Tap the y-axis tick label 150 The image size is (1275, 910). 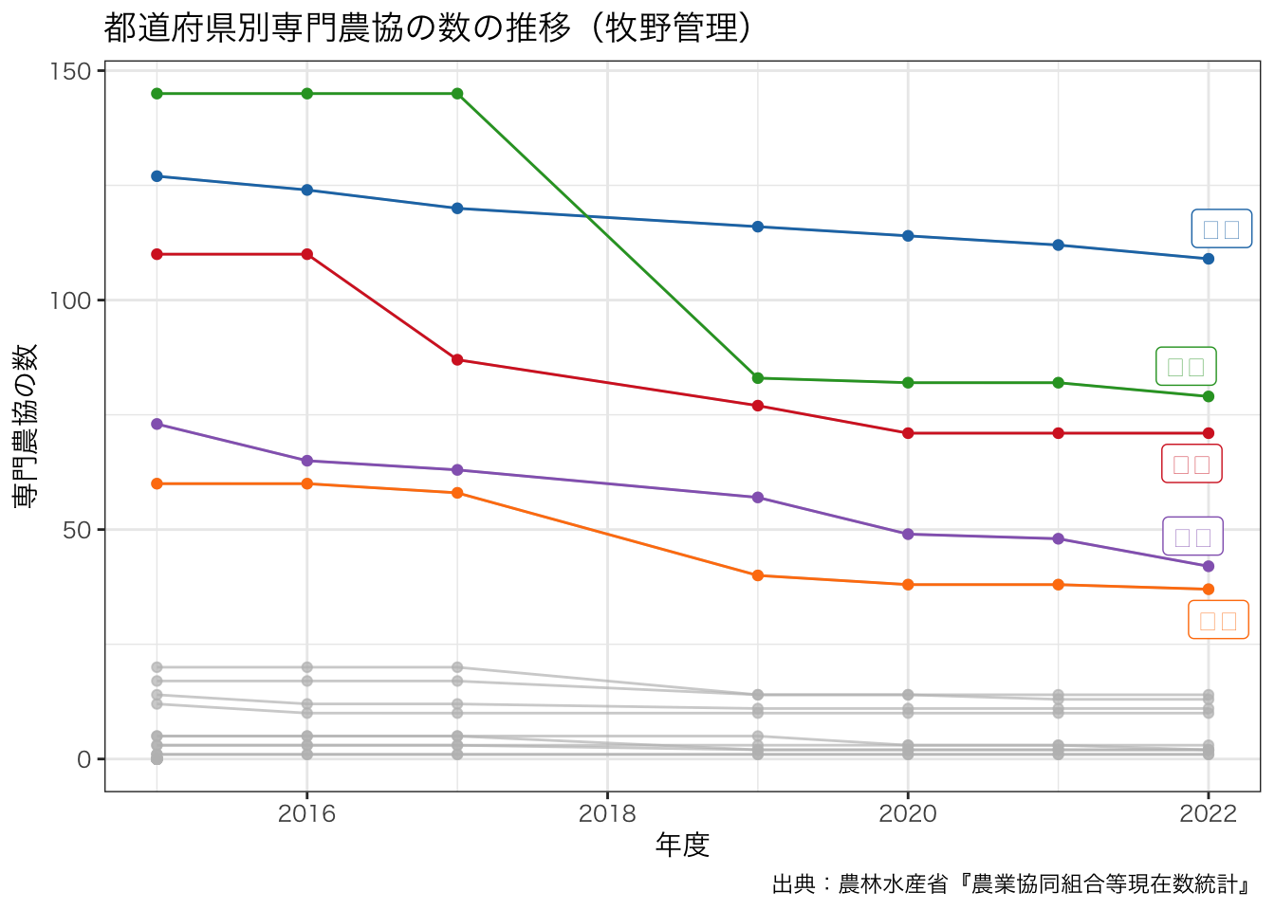click(70, 72)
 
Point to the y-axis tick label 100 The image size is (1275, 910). click(70, 300)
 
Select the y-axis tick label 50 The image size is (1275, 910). click(77, 530)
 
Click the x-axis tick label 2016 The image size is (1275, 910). click(306, 814)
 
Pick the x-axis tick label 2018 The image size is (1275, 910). click(607, 814)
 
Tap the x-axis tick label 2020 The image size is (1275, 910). click(908, 814)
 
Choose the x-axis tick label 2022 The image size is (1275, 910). click(1208, 814)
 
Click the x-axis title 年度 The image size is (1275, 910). click(682, 845)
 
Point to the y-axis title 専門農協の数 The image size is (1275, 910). click(26, 426)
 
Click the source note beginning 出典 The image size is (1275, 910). click(1010, 884)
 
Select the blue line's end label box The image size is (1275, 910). click(1221, 228)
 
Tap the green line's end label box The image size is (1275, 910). click(1186, 367)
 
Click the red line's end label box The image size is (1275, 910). click(1192, 464)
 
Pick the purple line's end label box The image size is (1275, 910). click(1192, 537)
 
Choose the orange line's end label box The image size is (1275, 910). click(1218, 620)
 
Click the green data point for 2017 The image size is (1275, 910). click(457, 94)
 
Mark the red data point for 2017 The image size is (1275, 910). click(457, 360)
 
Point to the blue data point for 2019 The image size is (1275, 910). click(758, 227)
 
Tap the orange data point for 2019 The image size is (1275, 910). click(758, 575)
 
